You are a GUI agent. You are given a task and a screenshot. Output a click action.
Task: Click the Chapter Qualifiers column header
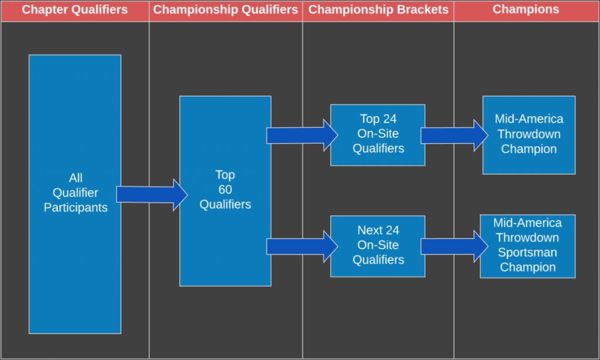click(74, 9)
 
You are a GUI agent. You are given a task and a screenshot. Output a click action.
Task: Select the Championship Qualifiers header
click(226, 9)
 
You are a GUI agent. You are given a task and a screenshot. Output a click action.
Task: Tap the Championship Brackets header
click(379, 9)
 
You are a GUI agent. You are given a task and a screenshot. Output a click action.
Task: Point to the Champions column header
click(526, 9)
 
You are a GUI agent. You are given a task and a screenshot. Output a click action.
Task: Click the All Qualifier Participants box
click(75, 194)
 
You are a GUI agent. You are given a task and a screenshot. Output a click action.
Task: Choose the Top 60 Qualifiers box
click(226, 191)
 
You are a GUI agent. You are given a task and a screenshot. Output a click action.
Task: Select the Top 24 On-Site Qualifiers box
click(378, 135)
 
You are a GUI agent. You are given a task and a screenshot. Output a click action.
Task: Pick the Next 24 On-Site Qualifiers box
click(378, 246)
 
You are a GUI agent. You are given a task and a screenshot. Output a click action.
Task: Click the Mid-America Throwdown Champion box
click(529, 135)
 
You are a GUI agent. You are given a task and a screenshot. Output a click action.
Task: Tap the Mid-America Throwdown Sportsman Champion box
click(528, 246)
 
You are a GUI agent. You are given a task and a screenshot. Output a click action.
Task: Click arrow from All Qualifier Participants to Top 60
click(152, 195)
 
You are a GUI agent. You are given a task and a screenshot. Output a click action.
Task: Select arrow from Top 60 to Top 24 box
click(302, 135)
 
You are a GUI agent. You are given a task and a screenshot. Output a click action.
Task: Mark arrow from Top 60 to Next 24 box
click(302, 247)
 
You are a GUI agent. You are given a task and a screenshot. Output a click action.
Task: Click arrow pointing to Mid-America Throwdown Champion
click(455, 135)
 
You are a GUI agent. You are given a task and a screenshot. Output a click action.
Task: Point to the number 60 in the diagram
click(225, 189)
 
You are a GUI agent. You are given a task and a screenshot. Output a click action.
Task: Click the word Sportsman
click(528, 252)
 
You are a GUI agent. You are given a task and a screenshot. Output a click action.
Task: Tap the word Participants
click(76, 208)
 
